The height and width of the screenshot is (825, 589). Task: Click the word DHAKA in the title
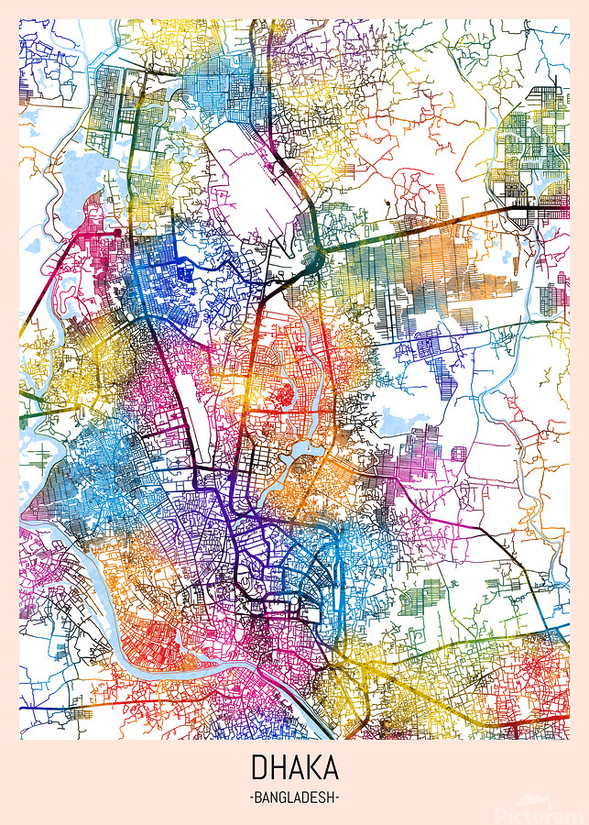(294, 768)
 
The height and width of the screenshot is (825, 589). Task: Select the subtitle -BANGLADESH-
(294, 797)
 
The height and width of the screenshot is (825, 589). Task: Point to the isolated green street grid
(425, 599)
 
